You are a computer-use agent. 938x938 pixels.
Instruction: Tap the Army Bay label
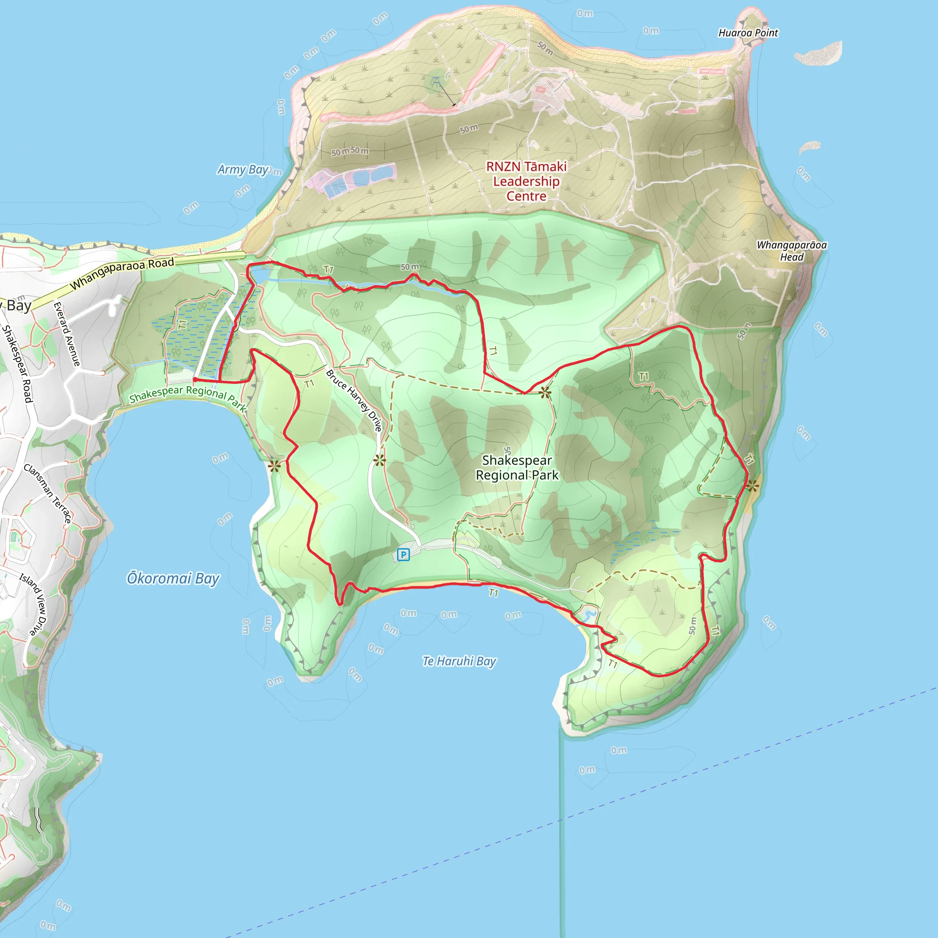pos(242,169)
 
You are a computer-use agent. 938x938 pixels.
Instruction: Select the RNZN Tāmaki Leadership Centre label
pos(526,181)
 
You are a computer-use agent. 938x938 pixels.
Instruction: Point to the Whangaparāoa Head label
pos(791,251)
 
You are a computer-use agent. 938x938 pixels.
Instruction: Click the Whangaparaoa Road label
pos(122,273)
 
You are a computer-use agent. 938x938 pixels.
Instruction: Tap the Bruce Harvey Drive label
pos(354,400)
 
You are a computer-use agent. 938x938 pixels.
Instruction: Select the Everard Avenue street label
pos(66,334)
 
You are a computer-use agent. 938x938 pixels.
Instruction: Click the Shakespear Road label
pos(17,364)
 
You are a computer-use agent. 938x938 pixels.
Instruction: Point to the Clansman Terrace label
pos(48,493)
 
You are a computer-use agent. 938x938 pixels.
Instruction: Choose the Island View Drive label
pos(34,604)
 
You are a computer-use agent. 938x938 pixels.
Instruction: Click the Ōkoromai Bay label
pos(173,578)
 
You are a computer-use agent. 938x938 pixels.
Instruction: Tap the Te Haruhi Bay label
pos(459,661)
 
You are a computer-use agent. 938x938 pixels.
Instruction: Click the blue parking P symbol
pos(403,555)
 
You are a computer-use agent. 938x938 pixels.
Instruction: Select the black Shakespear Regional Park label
pos(517,467)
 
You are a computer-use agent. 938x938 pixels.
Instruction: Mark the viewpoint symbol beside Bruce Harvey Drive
pos(379,460)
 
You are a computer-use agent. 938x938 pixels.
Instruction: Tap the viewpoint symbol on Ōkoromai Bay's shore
pos(274,466)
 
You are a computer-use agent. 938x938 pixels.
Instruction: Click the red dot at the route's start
pos(195,380)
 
